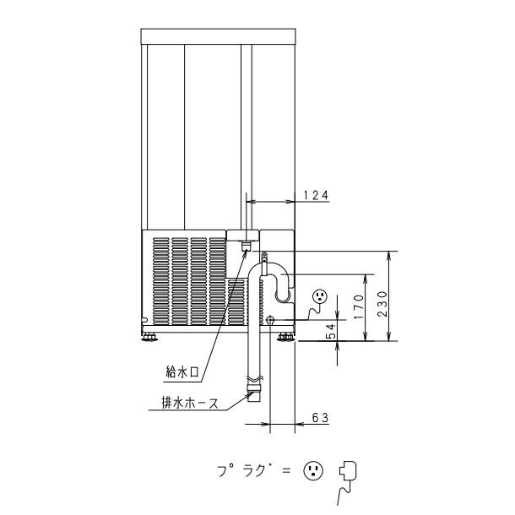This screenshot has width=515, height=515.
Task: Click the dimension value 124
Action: pyautogui.click(x=316, y=195)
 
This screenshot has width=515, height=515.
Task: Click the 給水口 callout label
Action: pyautogui.click(x=182, y=371)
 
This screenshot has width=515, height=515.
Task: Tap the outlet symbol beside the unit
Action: pyautogui.click(x=320, y=296)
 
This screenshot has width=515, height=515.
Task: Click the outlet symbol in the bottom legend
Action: pyautogui.click(x=313, y=469)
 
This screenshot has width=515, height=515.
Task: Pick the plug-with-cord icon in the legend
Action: pyautogui.click(x=345, y=473)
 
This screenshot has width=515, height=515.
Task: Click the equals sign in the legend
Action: pyautogui.click(x=285, y=469)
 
